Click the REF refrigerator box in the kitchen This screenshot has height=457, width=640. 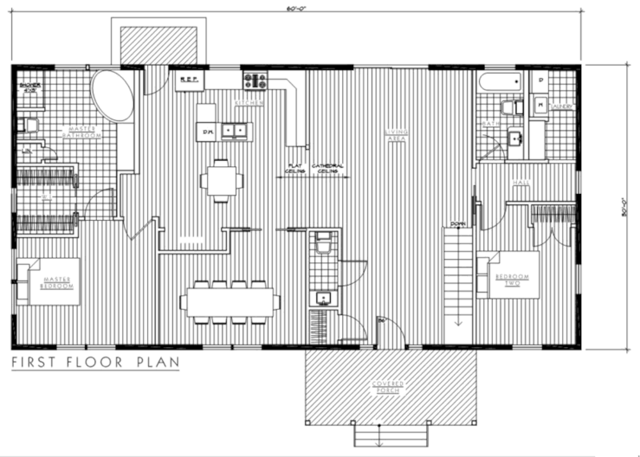tap(189, 81)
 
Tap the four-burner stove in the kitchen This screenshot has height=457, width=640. tap(255, 81)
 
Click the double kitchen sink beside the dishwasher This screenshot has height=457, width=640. tap(237, 131)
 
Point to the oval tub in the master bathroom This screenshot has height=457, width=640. tap(113, 96)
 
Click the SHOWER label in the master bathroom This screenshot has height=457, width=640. tap(29, 87)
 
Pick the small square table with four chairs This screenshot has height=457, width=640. tap(221, 181)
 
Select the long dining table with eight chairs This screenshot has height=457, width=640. tap(230, 301)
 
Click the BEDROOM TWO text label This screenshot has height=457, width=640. tap(513, 279)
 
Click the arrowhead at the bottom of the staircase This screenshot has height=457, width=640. tap(458, 323)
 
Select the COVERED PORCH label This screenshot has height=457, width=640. tap(388, 387)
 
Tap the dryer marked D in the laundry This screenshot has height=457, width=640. tap(540, 81)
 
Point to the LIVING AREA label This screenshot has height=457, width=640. tap(396, 135)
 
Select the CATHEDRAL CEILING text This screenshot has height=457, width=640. tap(328, 169)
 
